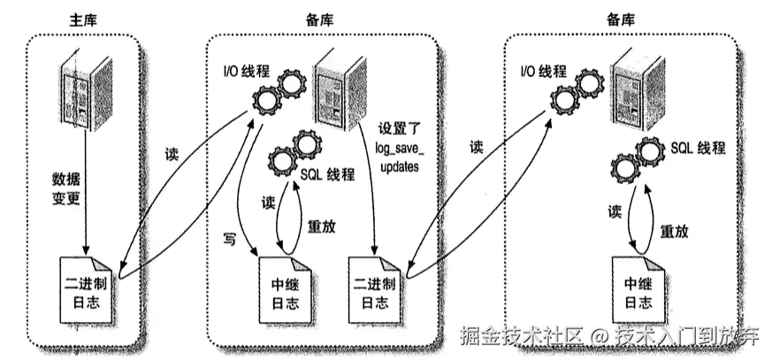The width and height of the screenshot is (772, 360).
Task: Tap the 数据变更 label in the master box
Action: point(66,188)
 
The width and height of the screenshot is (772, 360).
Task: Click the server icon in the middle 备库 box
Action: point(340,86)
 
